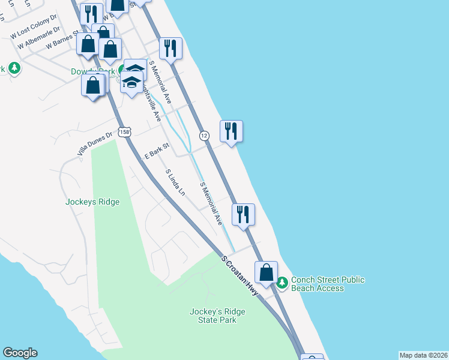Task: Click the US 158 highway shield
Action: (x=124, y=133)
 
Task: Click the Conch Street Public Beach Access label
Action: (x=327, y=284)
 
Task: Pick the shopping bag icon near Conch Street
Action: (x=266, y=272)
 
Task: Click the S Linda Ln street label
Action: (x=176, y=182)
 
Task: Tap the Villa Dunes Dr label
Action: (x=95, y=145)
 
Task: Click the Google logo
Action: (x=20, y=353)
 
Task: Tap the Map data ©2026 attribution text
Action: (x=423, y=355)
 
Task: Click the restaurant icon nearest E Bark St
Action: (x=231, y=131)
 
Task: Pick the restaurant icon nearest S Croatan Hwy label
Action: (x=243, y=214)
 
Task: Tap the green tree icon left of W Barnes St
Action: (x=14, y=68)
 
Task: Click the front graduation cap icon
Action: (x=132, y=82)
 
